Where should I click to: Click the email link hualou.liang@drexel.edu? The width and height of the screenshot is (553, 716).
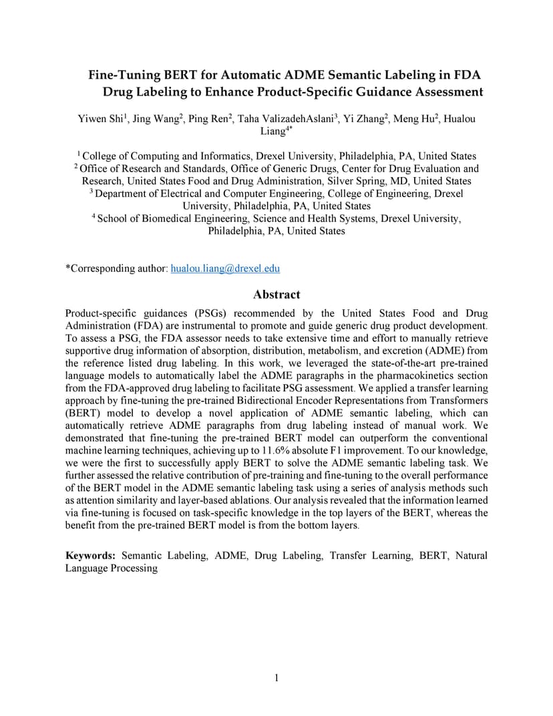click(x=225, y=268)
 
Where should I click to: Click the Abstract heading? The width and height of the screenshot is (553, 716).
click(x=276, y=295)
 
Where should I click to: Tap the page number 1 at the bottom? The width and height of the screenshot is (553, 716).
click(x=276, y=679)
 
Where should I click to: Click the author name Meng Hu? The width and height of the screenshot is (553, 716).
click(x=414, y=119)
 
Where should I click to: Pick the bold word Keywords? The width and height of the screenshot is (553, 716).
click(x=90, y=556)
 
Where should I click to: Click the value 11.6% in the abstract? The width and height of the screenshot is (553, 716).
click(x=283, y=451)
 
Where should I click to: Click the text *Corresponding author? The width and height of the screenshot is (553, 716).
click(x=117, y=268)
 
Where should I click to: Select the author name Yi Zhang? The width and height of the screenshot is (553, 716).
click(x=364, y=119)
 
